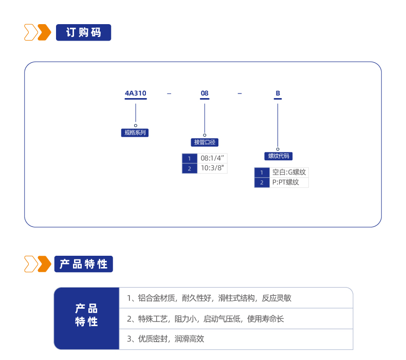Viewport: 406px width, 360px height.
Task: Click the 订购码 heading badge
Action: (x=83, y=32)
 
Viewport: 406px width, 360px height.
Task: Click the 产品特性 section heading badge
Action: (x=84, y=264)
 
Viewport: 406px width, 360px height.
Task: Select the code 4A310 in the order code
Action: (x=136, y=93)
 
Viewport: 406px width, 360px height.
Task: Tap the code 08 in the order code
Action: (x=205, y=93)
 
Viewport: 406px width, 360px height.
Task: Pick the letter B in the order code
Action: (x=278, y=93)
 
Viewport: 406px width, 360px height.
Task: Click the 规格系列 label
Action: (x=135, y=133)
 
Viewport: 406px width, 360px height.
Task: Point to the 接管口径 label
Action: (x=205, y=142)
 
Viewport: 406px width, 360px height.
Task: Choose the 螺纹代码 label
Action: (x=279, y=156)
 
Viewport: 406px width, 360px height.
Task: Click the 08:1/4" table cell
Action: (x=212, y=158)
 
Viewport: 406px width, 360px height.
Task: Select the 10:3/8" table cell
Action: (x=212, y=168)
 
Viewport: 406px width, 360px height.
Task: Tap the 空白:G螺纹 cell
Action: (x=289, y=173)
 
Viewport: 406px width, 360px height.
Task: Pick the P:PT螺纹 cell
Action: (x=289, y=182)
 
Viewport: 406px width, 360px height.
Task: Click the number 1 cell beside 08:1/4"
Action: (x=190, y=158)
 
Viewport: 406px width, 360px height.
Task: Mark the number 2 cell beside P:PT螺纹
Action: (x=262, y=182)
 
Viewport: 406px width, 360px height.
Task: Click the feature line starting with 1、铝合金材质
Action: (x=209, y=298)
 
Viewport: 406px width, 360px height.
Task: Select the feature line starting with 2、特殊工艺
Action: (x=206, y=319)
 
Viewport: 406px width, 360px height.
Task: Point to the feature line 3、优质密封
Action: (x=165, y=339)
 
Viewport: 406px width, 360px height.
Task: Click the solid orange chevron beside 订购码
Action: (x=45, y=32)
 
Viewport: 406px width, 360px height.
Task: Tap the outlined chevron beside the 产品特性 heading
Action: (x=31, y=264)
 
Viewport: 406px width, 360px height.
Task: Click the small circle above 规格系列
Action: (x=136, y=125)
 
